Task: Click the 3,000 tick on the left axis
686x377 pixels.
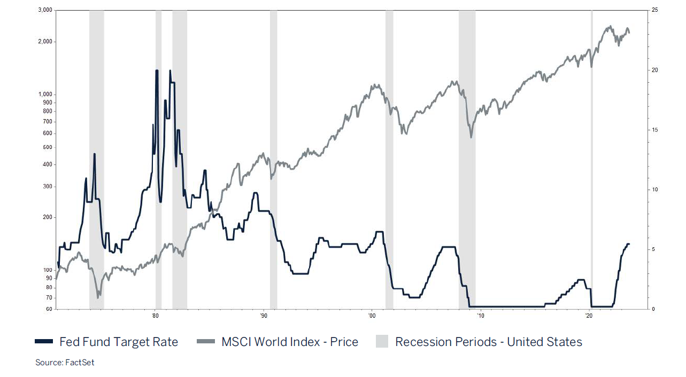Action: click(x=45, y=10)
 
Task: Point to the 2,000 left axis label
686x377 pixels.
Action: click(x=45, y=42)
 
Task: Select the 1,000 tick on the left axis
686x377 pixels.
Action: click(x=45, y=94)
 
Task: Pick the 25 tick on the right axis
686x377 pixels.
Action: click(x=654, y=10)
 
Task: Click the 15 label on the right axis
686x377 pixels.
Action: click(x=654, y=130)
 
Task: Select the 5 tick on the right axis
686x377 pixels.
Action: click(x=653, y=249)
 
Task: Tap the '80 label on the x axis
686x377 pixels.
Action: click(x=155, y=316)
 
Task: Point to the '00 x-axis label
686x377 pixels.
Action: click(x=372, y=316)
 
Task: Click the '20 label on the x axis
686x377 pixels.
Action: click(x=589, y=316)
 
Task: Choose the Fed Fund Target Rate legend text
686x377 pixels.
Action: click(x=119, y=342)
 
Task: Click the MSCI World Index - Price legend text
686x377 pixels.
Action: click(x=290, y=342)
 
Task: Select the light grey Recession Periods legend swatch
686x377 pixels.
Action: click(x=382, y=342)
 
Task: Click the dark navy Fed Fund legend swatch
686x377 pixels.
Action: click(x=44, y=342)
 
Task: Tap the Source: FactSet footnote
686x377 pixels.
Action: click(x=65, y=363)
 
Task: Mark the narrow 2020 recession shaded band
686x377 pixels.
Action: click(x=591, y=160)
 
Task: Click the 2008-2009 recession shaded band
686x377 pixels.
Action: click(x=467, y=160)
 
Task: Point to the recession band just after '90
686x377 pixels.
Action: click(x=273, y=160)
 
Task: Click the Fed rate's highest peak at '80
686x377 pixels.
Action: click(x=157, y=70)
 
